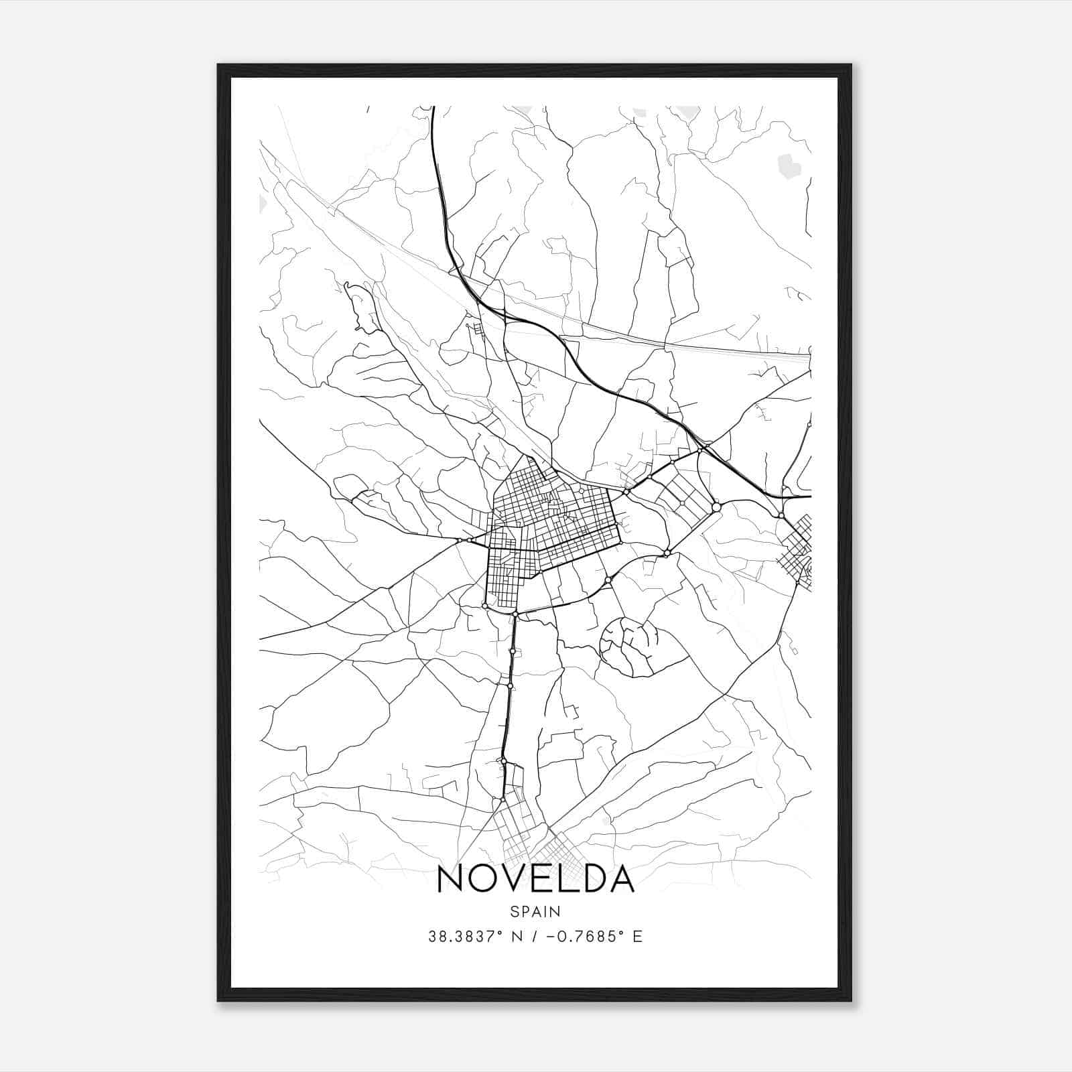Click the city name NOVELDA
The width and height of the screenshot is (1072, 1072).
point(535,879)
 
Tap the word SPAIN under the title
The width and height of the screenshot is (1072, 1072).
point(535,911)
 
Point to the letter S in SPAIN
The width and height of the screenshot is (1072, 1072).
point(514,911)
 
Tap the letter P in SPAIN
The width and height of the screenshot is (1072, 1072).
point(525,911)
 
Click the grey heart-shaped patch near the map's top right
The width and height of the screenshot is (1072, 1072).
point(789,165)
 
